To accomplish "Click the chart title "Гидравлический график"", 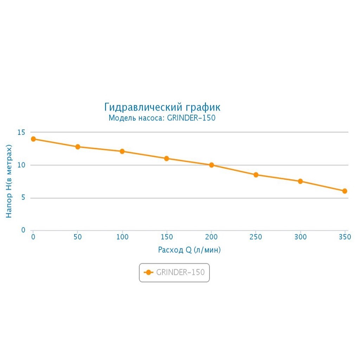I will click(x=162, y=107).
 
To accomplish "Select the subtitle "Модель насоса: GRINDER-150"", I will click(x=162, y=118).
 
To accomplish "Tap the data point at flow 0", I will click(x=33, y=139).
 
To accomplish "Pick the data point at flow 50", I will click(x=78, y=147).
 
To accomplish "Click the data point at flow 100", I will click(x=122, y=151).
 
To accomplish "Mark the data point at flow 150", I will click(x=167, y=159).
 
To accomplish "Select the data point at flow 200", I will click(x=211, y=165).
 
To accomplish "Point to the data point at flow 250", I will click(x=256, y=175).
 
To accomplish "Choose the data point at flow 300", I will click(x=300, y=181).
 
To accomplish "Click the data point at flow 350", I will click(x=345, y=191).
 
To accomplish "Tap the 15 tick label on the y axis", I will click(x=21, y=132).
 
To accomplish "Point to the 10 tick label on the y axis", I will click(x=21, y=165).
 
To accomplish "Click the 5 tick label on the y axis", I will click(x=23, y=198).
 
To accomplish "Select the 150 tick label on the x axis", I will click(x=167, y=237).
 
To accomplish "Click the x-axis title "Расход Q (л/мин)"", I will click(x=189, y=250).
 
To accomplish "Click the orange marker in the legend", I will click(x=149, y=272).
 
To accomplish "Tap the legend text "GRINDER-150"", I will click(x=180, y=272).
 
